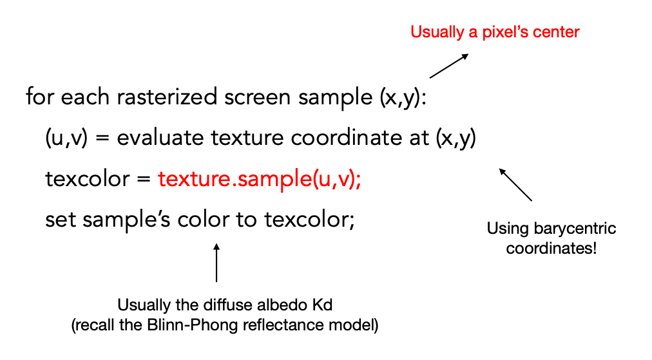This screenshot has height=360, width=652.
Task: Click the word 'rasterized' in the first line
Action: point(167,97)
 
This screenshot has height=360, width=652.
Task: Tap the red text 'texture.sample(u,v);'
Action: point(260,179)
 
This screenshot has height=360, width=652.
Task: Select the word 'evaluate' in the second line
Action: point(160,138)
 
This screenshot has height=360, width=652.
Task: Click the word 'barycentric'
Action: point(575,229)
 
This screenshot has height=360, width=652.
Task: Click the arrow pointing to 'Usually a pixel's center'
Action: point(449,66)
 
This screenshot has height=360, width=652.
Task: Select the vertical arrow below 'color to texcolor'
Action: point(216,263)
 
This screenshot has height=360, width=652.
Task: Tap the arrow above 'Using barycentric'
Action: point(515,185)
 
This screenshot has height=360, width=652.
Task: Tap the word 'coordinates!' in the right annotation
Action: point(551,248)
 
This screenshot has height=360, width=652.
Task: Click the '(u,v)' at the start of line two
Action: point(66,138)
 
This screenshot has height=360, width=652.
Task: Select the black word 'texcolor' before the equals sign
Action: point(88,179)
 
